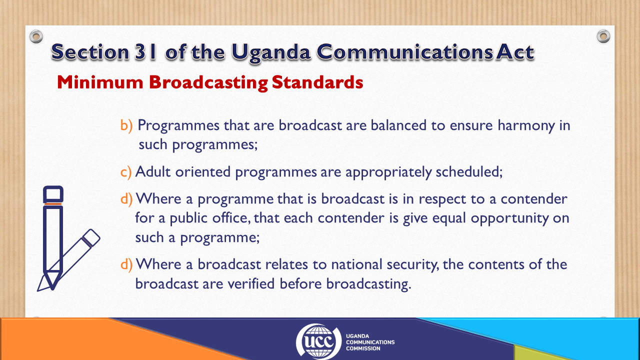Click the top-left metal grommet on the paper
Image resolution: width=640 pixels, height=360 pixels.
[36, 36]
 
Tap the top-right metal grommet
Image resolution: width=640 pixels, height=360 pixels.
[603, 36]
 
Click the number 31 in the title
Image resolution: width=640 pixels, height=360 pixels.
[145, 52]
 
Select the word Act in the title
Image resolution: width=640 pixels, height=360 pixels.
[515, 52]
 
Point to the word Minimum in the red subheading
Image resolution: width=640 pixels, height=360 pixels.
[100, 82]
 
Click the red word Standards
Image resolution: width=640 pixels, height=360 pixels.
[317, 82]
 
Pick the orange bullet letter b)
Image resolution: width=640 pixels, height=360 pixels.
[126, 125]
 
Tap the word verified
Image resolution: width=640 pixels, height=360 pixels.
[251, 283]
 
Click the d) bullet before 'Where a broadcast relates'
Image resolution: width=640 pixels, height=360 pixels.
[126, 264]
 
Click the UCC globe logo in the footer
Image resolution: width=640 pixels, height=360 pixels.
[318, 341]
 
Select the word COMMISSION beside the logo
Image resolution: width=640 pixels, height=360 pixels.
[363, 348]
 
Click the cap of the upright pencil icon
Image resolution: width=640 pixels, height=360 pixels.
[53, 194]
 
